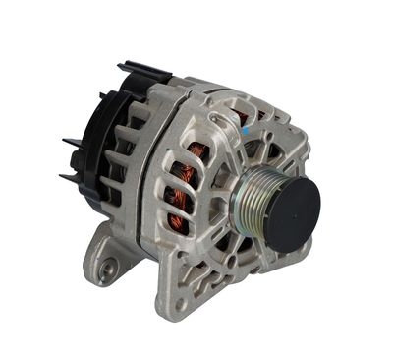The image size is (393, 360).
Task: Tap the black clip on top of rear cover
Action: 143,70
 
